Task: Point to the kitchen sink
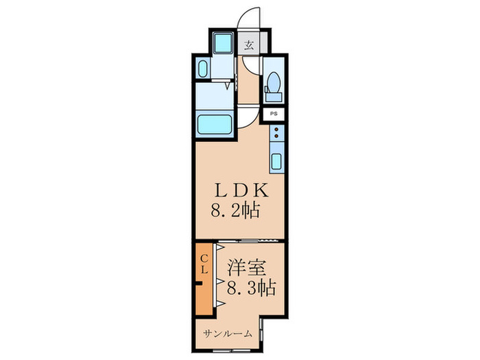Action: [276, 162]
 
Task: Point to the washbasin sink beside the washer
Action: [202, 69]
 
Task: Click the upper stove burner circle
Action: [276, 128]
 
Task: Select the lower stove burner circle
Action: [276, 136]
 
